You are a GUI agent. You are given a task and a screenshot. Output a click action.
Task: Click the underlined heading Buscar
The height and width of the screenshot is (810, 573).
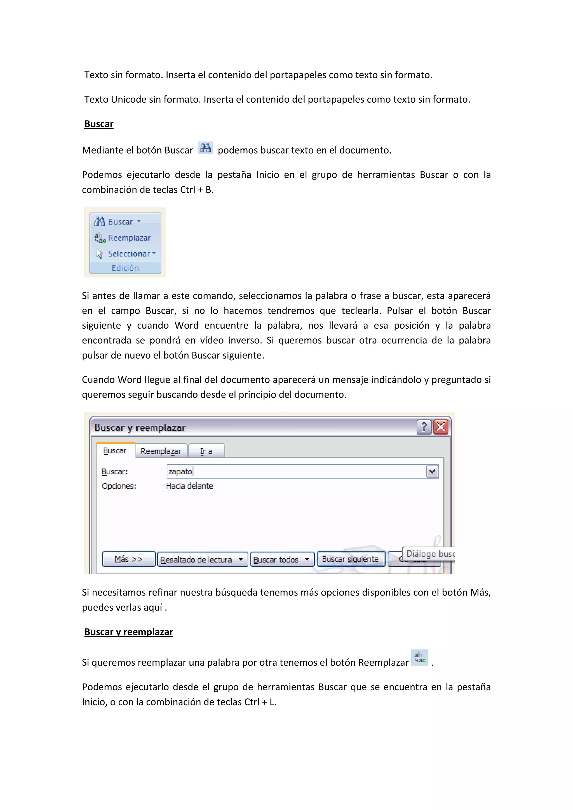point(99,124)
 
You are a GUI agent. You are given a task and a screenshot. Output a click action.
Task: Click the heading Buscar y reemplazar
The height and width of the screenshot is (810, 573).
point(128,632)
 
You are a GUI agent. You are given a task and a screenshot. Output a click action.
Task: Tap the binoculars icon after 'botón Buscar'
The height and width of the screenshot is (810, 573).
point(205,148)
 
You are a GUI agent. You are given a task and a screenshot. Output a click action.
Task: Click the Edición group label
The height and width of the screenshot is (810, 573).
point(125,268)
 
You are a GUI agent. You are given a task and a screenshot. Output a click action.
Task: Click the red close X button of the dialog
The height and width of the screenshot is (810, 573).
point(441,427)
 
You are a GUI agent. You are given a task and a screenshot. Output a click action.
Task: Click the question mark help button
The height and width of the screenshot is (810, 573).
point(424,427)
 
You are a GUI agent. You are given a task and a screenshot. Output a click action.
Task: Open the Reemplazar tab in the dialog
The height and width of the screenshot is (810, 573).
point(161,451)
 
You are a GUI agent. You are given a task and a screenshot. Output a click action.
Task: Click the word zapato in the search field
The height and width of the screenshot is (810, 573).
point(180,472)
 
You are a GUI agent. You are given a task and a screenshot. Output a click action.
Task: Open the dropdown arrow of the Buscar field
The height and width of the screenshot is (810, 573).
point(432,472)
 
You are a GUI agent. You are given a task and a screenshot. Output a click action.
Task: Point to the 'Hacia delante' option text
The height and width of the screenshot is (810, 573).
point(189,486)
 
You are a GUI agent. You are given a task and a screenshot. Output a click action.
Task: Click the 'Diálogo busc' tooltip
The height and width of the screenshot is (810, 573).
point(429,554)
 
